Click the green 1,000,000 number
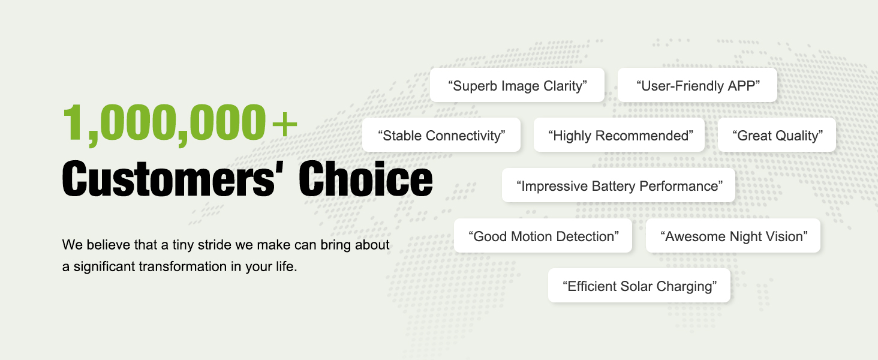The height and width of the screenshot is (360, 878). [164, 123]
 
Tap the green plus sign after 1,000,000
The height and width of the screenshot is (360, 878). [285, 124]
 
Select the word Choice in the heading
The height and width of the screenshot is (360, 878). [366, 178]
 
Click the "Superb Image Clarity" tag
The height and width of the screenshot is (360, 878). [517, 85]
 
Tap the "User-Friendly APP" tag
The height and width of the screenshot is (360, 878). [697, 85]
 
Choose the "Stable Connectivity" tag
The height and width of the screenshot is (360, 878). [441, 135]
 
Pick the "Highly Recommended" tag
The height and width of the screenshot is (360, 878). [619, 135]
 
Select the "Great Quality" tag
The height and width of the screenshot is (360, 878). [777, 135]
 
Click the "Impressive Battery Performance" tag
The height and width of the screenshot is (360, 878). [618, 185]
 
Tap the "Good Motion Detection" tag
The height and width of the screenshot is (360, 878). [543, 236]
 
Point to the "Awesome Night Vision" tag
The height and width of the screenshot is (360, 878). [733, 236]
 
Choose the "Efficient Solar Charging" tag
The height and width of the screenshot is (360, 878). [639, 286]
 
